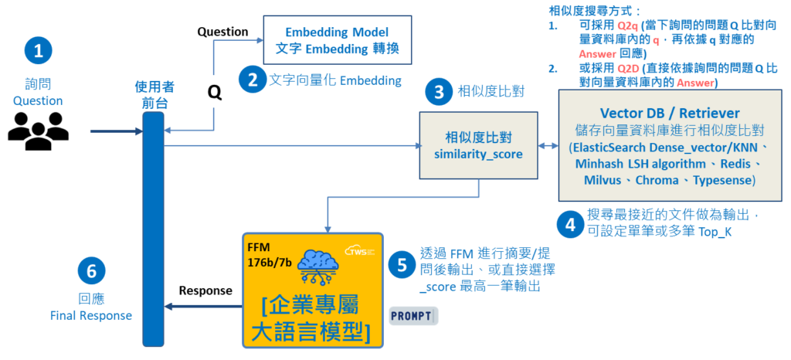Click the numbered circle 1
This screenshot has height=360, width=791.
[x=39, y=52]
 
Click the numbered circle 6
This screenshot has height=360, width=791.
[x=91, y=271]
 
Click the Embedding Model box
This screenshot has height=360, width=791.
[x=337, y=41]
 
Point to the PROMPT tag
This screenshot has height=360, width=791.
[x=415, y=315]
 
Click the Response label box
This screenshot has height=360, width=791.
[x=205, y=290]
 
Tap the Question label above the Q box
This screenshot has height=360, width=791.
[x=222, y=32]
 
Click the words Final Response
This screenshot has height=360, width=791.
[x=91, y=315]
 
